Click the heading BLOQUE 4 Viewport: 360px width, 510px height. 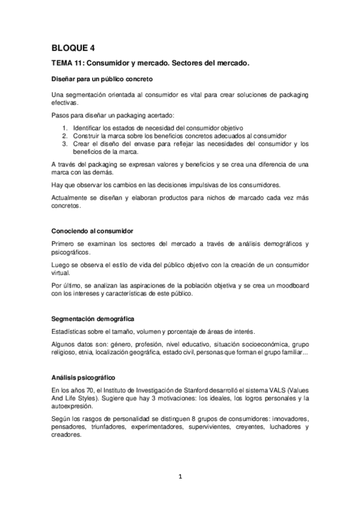73,47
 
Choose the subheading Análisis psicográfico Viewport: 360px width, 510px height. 84,376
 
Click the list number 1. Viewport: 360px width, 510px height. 65,128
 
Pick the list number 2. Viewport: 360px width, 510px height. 65,136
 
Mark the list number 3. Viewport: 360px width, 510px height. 65,144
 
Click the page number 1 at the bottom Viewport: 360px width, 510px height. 180,477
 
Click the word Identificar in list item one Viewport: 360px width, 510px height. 87,128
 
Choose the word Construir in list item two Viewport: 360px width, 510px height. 86,136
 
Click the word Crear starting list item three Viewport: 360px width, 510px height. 80,144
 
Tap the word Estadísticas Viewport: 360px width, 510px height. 70,331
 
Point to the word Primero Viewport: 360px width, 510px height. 64,244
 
